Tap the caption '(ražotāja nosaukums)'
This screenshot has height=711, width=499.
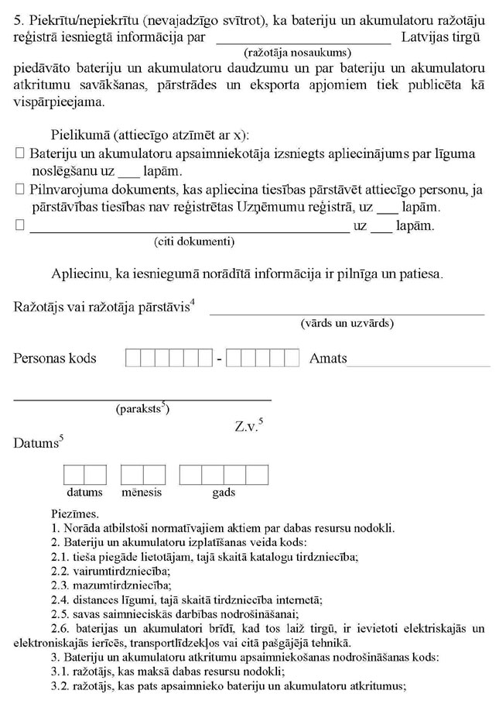point(297,53)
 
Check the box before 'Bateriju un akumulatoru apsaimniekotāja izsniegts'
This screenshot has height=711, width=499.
point(20,154)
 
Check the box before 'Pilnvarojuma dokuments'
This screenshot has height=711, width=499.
point(20,190)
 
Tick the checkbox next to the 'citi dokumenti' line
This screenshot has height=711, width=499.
point(20,226)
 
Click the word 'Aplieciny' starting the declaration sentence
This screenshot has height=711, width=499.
point(80,274)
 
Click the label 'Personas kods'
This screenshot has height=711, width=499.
point(55,358)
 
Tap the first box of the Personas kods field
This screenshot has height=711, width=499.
point(133,359)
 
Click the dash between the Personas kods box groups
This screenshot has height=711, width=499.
point(220,359)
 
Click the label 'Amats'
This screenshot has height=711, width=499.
point(328,359)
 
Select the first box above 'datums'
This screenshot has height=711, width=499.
point(73,474)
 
